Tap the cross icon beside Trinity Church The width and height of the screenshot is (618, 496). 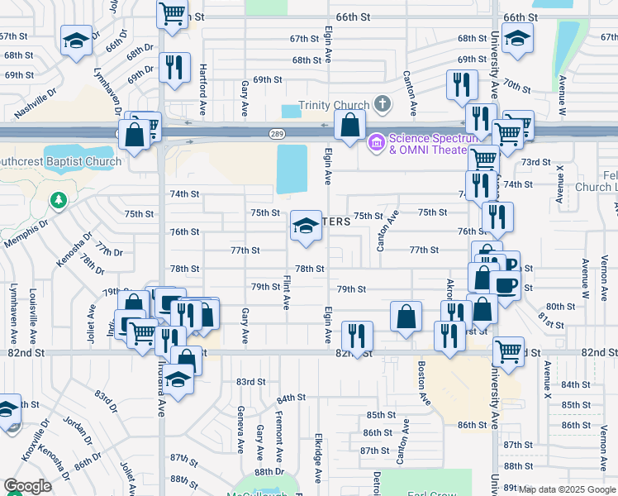coord(381,104)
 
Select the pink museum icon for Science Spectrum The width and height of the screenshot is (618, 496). coord(377,143)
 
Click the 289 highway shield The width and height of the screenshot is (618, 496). coord(275,134)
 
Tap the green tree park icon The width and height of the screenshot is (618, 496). coord(58,200)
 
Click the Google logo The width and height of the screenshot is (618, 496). coord(28,486)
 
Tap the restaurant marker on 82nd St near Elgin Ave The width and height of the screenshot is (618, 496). coord(357,336)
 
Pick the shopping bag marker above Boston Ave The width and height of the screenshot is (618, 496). coord(406,317)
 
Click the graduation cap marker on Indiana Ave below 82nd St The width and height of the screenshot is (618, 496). coord(178,379)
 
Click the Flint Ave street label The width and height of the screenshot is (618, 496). coord(286,292)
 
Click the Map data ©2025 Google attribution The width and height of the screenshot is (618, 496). coord(567,489)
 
